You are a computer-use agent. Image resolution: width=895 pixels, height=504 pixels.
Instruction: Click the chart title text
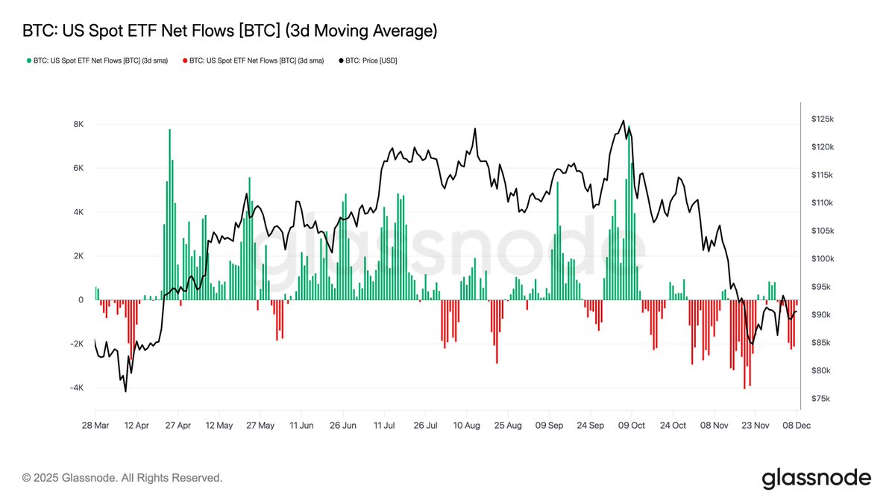tap(230, 31)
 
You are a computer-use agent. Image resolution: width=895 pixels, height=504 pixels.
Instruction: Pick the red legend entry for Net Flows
tap(253, 60)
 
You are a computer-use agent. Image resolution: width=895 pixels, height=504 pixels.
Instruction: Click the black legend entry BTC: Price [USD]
tap(368, 60)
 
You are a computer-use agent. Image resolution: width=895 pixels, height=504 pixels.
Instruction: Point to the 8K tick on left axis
tap(78, 124)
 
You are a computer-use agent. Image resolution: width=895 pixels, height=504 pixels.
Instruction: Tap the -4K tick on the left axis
tap(76, 388)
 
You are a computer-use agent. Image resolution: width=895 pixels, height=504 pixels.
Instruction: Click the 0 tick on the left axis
tap(81, 300)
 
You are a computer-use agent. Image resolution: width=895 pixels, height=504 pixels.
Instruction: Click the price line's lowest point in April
tap(125, 391)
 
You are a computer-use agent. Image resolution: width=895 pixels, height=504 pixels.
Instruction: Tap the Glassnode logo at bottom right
tap(816, 478)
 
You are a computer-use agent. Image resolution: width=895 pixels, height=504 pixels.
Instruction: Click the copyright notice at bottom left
tap(122, 478)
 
